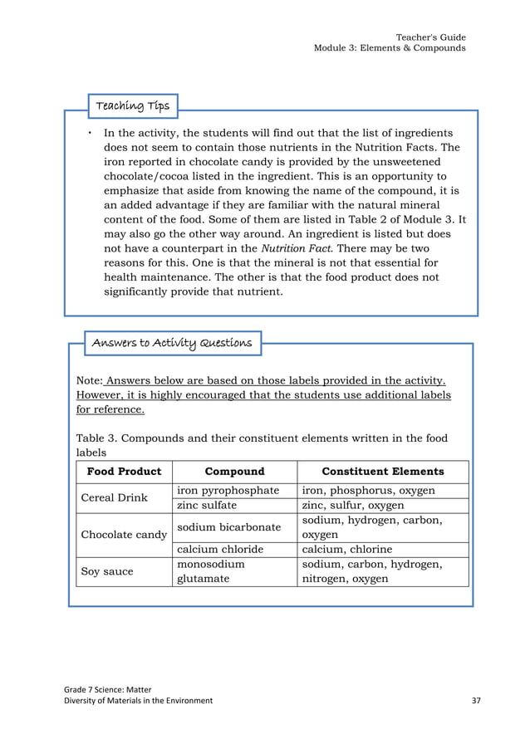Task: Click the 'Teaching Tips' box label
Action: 132,105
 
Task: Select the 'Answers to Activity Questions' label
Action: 171,342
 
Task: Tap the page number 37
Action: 476,701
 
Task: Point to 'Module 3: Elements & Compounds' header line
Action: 389,48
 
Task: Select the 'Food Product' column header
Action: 124,472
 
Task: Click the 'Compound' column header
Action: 234,472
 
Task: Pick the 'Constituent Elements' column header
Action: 382,472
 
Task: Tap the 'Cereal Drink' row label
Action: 114,498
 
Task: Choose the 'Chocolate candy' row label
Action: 124,534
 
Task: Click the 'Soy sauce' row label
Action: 107,571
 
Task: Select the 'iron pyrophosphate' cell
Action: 228,491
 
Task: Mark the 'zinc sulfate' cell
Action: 207,505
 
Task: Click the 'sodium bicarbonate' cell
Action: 229,527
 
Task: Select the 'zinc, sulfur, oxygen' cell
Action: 353,505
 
